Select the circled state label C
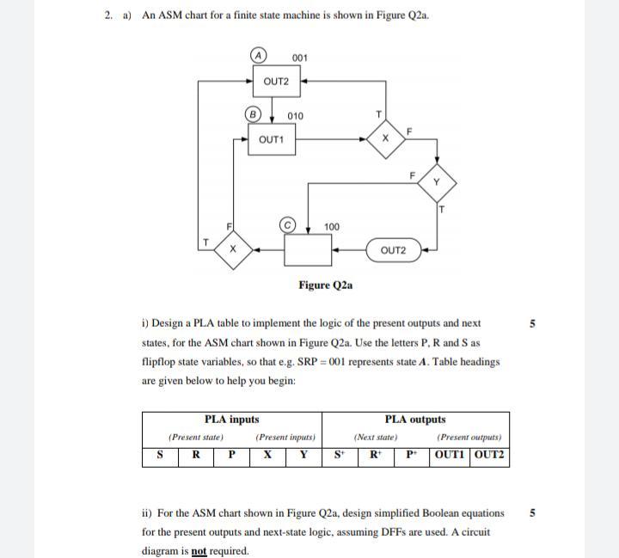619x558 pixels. (290, 225)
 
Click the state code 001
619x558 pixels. (300, 58)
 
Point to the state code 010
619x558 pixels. (295, 116)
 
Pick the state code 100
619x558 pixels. (332, 227)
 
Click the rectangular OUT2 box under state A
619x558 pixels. (276, 83)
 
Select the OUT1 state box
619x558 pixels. (271, 139)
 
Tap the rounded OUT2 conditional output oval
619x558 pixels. (393, 250)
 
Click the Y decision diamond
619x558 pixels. (437, 181)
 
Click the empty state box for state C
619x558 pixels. (308, 250)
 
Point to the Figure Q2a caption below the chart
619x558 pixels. (325, 285)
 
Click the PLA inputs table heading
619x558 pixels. (231, 420)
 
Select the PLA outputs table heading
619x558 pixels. (414, 420)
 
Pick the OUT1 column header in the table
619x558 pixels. (450, 456)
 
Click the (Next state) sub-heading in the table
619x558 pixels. (375, 438)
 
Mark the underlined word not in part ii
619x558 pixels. (199, 551)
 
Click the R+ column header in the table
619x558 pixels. (375, 456)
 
